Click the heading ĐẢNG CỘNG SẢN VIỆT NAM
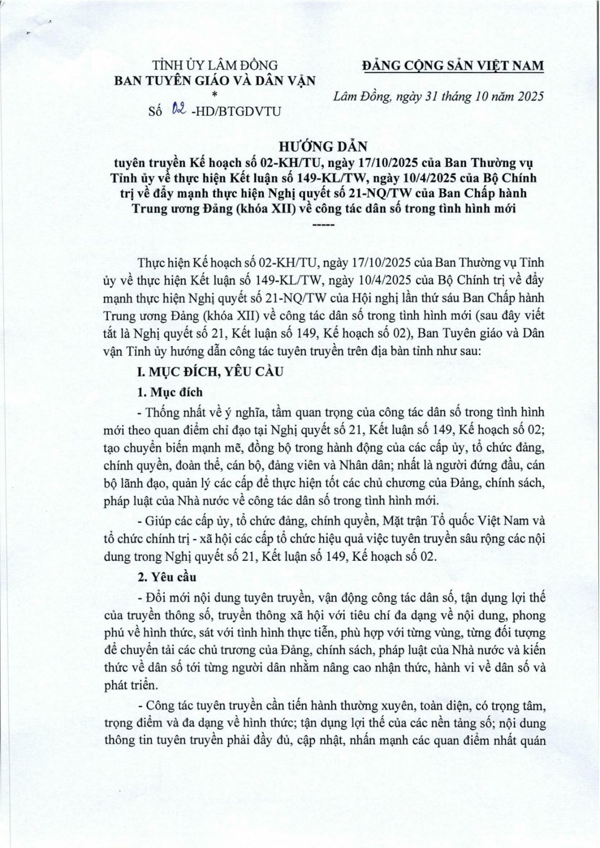[452, 66]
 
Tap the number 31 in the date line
[428, 96]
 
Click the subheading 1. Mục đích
[170, 392]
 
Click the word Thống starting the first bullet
[163, 410]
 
